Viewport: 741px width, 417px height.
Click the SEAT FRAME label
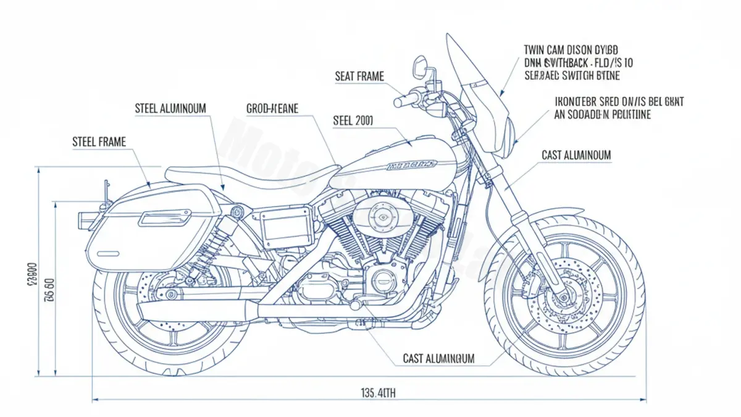click(359, 77)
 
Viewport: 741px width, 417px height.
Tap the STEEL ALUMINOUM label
click(170, 109)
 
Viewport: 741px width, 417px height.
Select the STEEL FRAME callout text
click(99, 142)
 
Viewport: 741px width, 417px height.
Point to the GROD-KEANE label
click(272, 109)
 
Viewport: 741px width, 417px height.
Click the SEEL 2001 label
click(353, 120)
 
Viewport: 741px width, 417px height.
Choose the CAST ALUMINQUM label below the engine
click(438, 358)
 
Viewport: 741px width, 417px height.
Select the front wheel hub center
click(563, 298)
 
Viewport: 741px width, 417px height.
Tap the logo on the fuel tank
click(411, 166)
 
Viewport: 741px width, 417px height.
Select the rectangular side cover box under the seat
click(286, 226)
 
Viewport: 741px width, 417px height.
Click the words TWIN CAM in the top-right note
click(546, 49)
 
